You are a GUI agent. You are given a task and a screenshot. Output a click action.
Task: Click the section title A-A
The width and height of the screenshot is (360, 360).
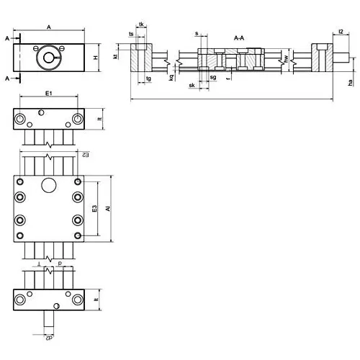238,37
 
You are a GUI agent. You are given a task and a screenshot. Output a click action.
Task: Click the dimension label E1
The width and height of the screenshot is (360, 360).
48,94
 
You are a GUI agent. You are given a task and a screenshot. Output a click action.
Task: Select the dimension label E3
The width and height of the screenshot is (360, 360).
95,208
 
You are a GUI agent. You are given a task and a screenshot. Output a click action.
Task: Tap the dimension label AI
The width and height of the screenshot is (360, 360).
107,208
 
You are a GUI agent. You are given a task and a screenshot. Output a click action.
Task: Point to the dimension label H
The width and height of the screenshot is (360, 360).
95,58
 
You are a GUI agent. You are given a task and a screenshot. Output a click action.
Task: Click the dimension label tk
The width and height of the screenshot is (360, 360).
141,25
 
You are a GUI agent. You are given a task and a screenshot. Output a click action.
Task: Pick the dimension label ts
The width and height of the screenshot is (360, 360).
131,34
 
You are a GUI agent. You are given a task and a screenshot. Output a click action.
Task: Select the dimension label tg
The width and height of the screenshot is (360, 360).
148,78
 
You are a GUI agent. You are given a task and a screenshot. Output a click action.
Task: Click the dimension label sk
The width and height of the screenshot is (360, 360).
192,85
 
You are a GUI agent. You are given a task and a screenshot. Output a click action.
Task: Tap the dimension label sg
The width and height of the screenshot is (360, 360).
213,77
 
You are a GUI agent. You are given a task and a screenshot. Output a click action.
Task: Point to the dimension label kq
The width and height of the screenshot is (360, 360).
171,77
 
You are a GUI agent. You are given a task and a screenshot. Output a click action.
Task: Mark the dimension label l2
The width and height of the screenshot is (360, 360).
340,32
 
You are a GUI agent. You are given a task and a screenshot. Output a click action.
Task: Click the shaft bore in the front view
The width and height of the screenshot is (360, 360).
49,58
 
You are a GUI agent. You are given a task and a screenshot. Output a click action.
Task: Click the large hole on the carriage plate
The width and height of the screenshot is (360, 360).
48,186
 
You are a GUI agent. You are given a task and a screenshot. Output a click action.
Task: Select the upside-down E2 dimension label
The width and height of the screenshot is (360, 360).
86,156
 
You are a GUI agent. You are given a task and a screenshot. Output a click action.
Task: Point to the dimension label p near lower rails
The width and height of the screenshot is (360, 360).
59,264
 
